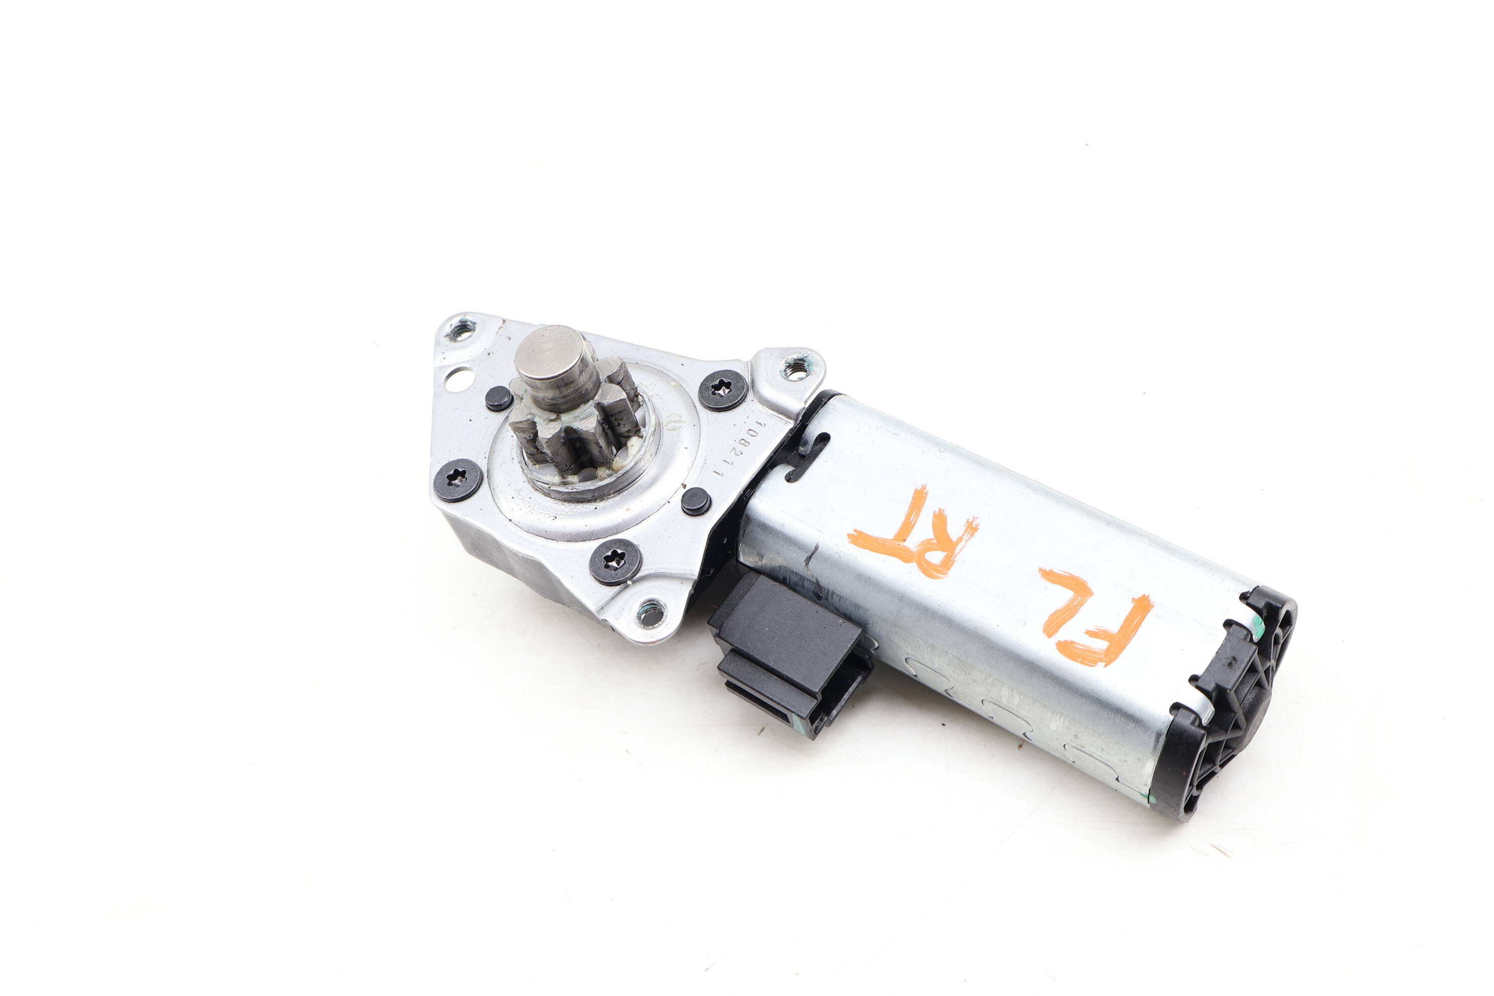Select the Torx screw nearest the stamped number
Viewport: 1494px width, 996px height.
pos(722,390)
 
